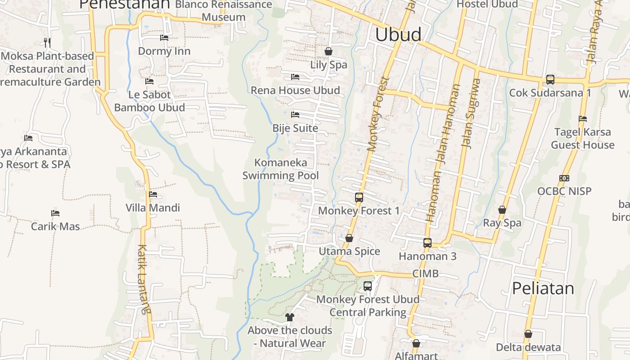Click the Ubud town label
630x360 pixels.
click(398, 35)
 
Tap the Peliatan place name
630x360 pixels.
click(543, 288)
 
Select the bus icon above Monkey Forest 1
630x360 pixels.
click(359, 197)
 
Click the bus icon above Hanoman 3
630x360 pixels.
click(427, 243)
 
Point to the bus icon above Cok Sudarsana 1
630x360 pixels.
click(550, 80)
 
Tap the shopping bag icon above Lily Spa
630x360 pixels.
click(328, 51)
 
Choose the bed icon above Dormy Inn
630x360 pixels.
click(164, 38)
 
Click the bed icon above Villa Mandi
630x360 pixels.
click(153, 194)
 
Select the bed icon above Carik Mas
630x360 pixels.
click(55, 213)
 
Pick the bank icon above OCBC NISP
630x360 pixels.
click(564, 178)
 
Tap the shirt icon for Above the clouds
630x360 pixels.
click(290, 317)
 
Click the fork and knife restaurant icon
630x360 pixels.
click(47, 43)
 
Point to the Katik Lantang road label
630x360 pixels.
click(144, 279)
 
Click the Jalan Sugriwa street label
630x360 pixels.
click(472, 113)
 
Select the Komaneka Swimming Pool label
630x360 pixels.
click(281, 169)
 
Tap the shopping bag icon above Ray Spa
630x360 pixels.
click(502, 210)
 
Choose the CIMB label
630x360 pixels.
click(425, 274)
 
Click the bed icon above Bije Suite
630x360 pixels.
click(295, 115)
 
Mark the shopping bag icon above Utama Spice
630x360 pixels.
click(349, 238)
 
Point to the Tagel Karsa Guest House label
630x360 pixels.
click(583, 139)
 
